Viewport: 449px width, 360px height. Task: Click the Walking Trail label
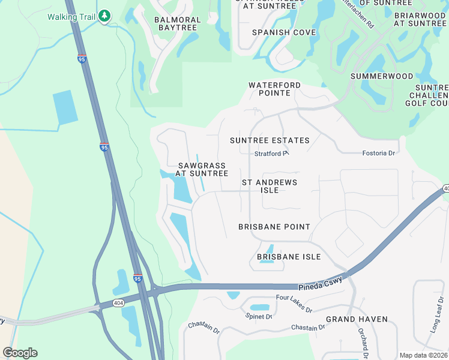click(71, 16)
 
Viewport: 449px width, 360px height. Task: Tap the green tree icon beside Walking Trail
click(104, 16)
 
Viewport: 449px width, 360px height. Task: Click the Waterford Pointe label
click(274, 89)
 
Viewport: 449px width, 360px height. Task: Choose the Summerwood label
click(382, 76)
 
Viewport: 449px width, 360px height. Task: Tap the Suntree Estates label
click(270, 140)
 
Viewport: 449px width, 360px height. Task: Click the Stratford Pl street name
click(272, 154)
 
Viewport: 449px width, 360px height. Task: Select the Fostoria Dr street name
click(378, 153)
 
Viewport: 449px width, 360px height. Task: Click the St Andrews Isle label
click(270, 185)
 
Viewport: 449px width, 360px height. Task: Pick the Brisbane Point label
click(274, 227)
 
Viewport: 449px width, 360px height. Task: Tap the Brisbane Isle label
click(289, 256)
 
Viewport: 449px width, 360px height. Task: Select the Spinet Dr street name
click(260, 316)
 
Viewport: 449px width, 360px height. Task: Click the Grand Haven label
click(357, 319)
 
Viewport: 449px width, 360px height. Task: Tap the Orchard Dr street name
click(363, 339)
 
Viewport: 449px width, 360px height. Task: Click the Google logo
click(20, 353)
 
